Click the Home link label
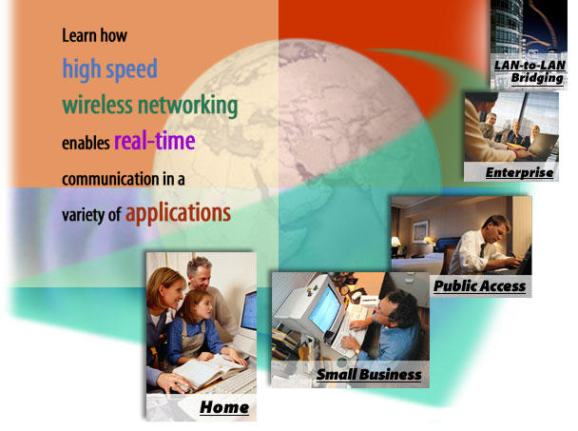pos(224,408)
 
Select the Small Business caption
pos(369,374)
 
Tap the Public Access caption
pos(479,286)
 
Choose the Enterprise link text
pos(519,172)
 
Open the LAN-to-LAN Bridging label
pos(530,71)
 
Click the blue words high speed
pos(110,69)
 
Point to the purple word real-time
pos(154,141)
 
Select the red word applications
pos(178,213)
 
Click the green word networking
pos(187,106)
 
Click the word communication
pos(110,179)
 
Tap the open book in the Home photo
pos(208,371)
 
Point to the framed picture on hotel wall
pos(420,231)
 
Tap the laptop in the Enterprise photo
pos(542,147)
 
